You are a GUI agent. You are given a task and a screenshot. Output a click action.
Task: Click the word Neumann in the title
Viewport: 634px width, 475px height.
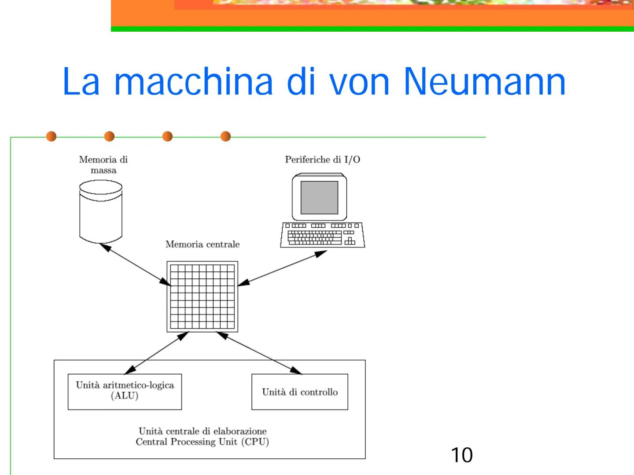(484, 81)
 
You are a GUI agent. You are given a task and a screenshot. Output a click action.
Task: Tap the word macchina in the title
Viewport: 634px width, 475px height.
(193, 81)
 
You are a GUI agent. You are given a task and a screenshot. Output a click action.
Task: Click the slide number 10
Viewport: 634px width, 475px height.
(461, 455)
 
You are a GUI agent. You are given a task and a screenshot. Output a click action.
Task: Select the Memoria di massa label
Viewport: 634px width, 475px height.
(103, 165)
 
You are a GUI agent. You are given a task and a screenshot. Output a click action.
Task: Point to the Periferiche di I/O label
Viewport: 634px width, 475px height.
(322, 160)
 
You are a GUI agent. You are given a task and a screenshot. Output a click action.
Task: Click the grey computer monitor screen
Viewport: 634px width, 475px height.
(319, 197)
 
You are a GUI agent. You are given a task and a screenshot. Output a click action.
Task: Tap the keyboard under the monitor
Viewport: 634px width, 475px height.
(322, 235)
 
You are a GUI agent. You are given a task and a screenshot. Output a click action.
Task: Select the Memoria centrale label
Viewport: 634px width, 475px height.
(203, 245)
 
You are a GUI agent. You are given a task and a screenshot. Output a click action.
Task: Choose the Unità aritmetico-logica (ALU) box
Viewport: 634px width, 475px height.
(125, 391)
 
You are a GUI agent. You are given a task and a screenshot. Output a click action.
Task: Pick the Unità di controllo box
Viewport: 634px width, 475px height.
(300, 392)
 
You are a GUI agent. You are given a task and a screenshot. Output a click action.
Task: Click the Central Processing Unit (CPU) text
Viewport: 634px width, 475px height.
(202, 442)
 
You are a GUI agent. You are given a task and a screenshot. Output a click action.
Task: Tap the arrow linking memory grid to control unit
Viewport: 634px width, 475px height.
(260, 353)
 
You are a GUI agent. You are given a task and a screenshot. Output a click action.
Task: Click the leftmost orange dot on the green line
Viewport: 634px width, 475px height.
(52, 136)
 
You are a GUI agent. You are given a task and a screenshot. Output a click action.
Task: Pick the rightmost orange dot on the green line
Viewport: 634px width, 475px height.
(225, 136)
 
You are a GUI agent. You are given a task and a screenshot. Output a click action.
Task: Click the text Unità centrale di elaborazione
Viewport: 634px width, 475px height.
(203, 431)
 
